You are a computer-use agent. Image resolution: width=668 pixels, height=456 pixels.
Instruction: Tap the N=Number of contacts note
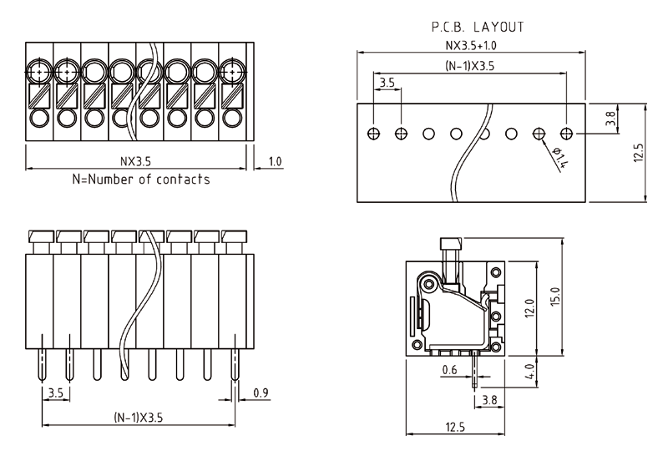[x=141, y=179]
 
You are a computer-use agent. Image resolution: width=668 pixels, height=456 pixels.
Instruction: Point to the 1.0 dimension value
[x=275, y=161]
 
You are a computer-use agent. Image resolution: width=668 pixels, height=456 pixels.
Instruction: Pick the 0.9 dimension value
[x=261, y=392]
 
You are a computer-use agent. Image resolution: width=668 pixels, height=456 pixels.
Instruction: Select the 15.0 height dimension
[x=555, y=296]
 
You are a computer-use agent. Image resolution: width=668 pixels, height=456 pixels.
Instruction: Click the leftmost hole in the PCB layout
[x=374, y=134]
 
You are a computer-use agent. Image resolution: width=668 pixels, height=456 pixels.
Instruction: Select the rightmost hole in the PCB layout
[x=568, y=134]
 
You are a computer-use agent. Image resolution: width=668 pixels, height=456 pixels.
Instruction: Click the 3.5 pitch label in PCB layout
[x=387, y=84]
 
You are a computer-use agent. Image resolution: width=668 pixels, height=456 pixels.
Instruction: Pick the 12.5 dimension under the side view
[x=455, y=428]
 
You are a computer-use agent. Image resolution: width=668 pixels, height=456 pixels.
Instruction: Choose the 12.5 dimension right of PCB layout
[x=639, y=154]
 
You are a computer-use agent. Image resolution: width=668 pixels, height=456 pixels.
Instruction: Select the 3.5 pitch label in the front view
[x=56, y=392]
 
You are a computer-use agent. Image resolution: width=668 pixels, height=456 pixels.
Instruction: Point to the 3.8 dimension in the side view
[x=490, y=401]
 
